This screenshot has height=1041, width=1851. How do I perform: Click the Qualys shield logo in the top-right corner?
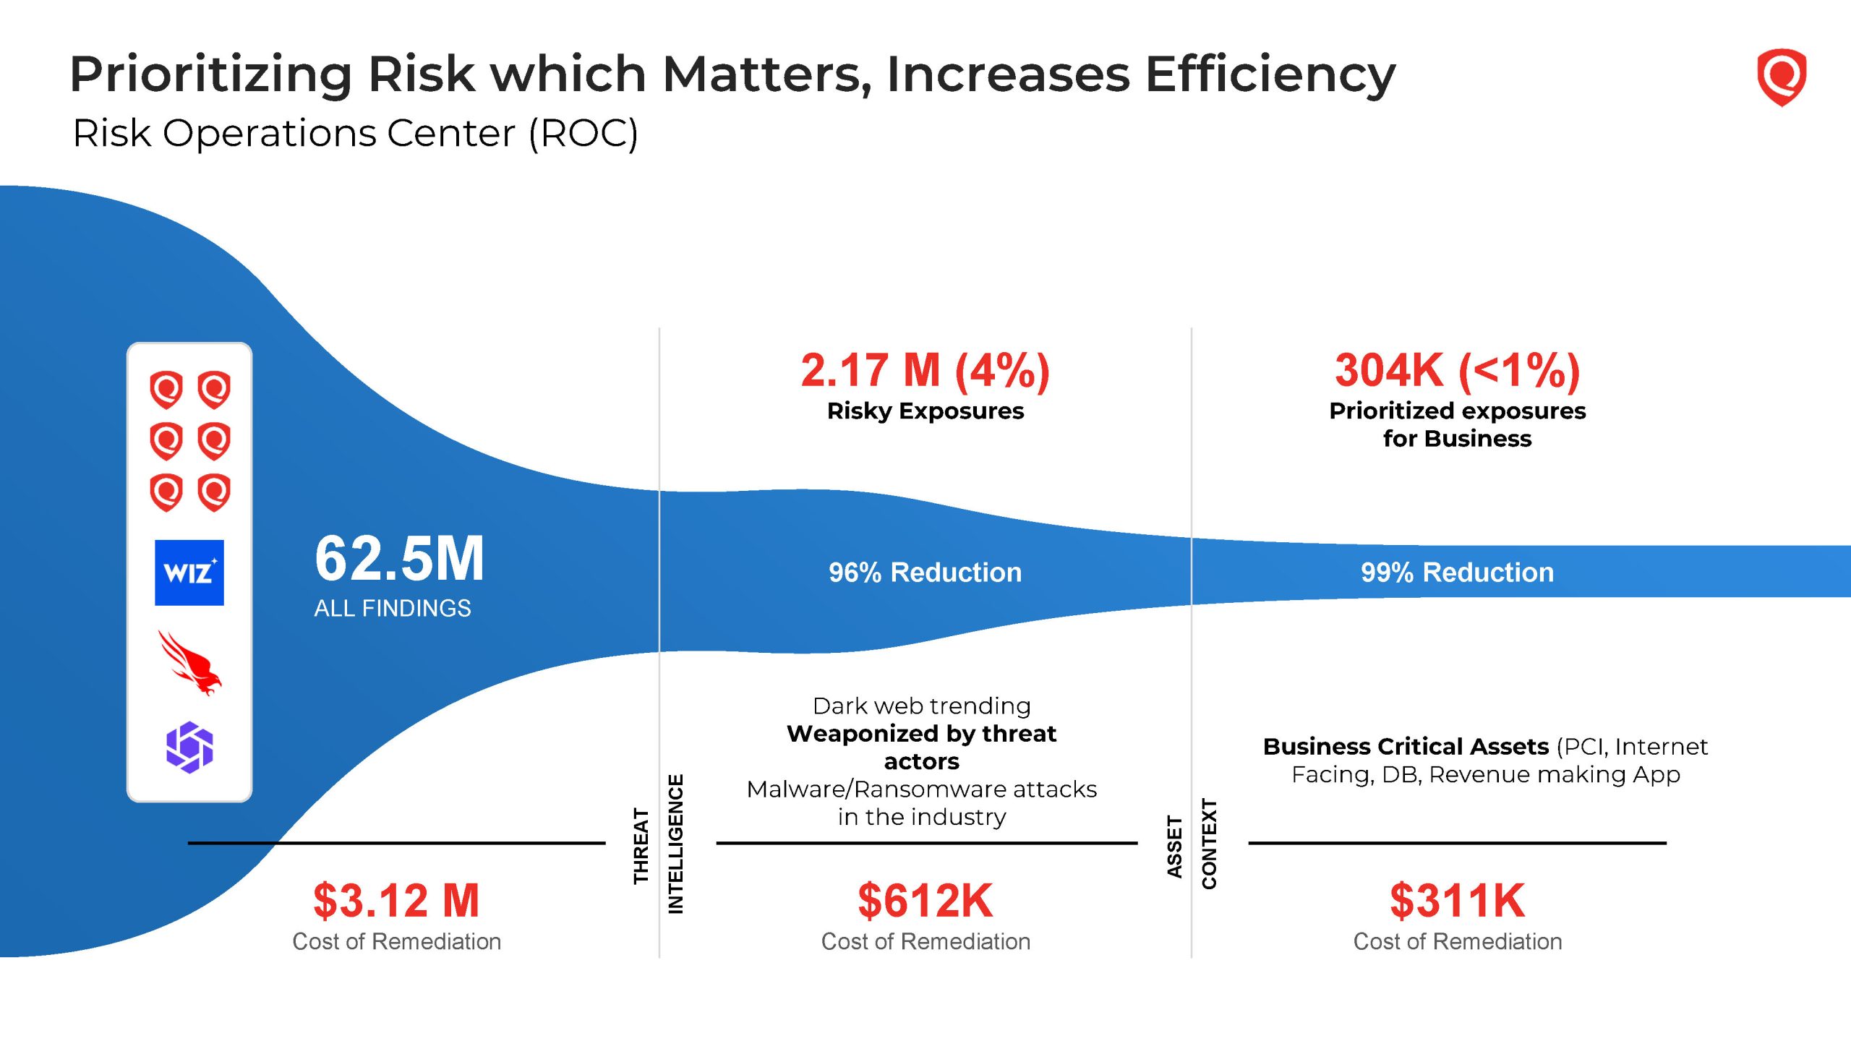1781,77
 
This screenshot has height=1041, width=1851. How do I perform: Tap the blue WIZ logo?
189,573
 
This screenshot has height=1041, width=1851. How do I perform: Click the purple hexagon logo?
189,747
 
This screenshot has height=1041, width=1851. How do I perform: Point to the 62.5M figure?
399,559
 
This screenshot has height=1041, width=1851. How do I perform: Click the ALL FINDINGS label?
392,609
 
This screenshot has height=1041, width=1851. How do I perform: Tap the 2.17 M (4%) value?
925,370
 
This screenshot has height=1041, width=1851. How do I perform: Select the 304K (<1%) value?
1457,370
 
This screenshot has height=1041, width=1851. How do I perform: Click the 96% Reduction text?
925,573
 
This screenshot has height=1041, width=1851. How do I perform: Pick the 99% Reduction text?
1457,573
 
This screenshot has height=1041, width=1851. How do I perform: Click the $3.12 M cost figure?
396,901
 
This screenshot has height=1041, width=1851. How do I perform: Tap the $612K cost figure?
925,901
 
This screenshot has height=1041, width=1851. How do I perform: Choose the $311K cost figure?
1457,901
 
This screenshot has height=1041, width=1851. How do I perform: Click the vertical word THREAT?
641,846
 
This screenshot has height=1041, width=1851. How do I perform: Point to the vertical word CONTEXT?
1209,844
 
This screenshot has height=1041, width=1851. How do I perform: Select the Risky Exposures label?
925,411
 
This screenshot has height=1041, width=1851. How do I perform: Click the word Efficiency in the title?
1270,74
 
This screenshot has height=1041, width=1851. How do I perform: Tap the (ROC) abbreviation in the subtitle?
583,133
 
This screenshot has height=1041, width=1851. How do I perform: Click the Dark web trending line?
921,706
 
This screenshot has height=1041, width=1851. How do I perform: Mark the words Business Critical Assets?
1406,746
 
